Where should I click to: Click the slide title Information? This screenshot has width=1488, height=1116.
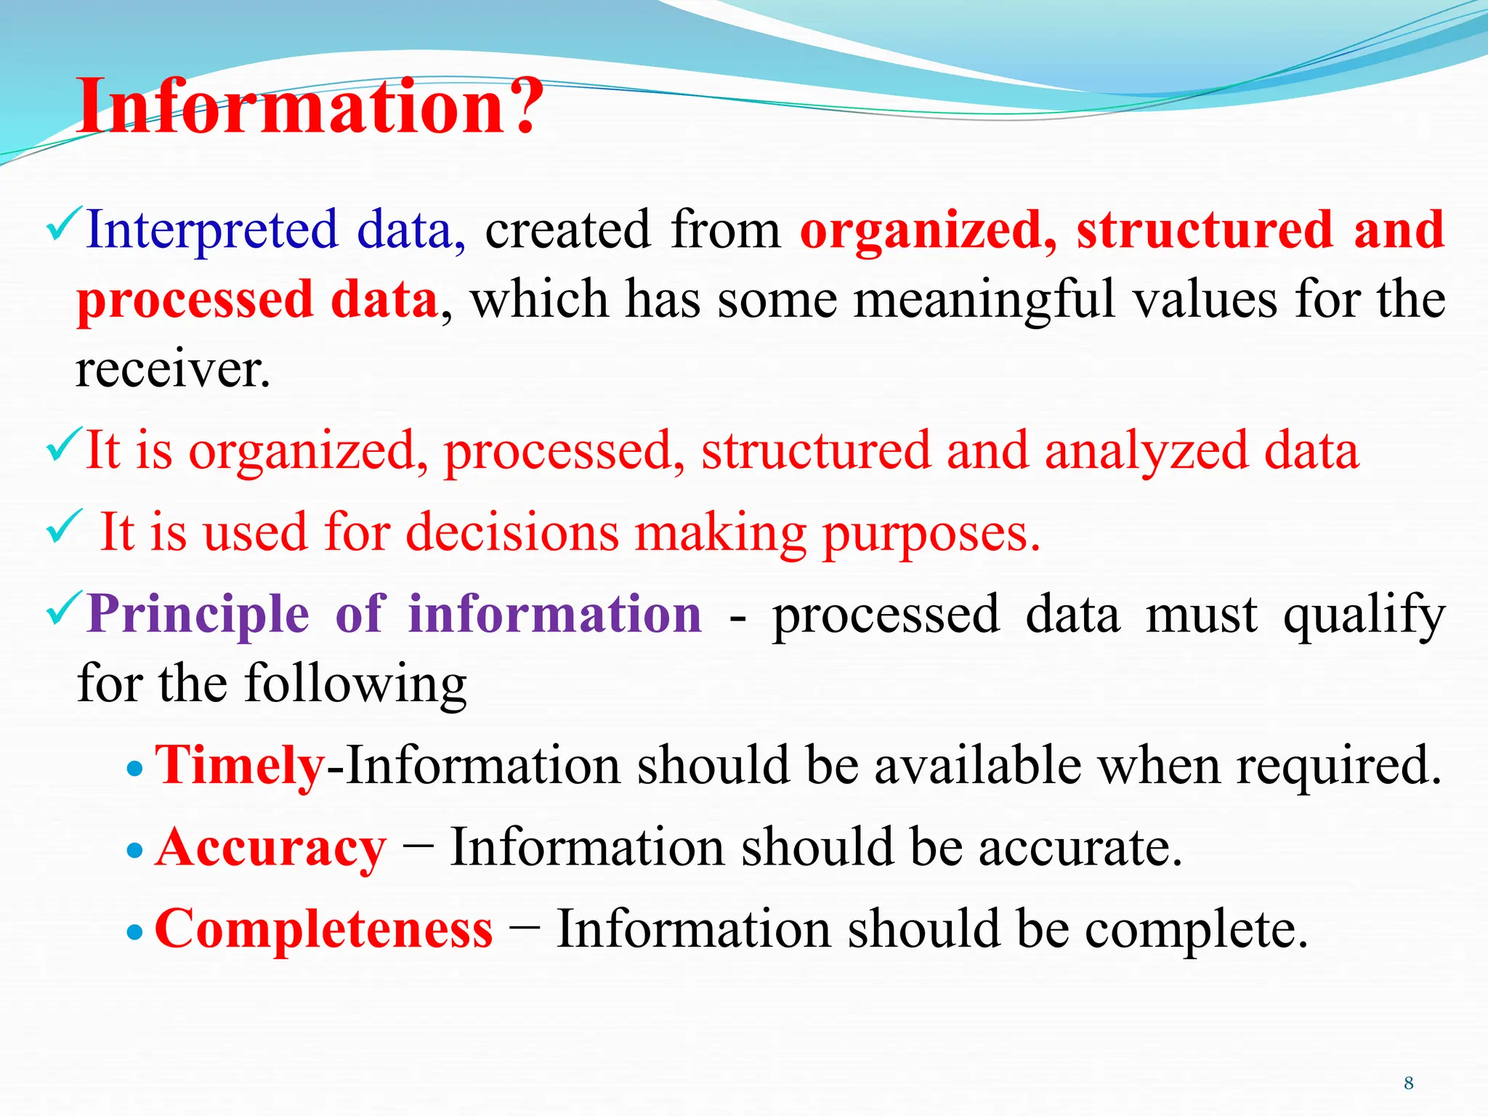[310, 108]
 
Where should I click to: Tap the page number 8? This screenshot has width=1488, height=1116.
[1408, 1083]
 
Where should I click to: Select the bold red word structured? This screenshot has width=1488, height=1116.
[1204, 230]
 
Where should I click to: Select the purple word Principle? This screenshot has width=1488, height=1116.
[198, 615]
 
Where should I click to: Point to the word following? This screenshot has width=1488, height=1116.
[355, 684]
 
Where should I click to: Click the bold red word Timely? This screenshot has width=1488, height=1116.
[240, 766]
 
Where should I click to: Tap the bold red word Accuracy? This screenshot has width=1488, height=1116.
[270, 848]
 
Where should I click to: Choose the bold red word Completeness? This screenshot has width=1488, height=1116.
[323, 929]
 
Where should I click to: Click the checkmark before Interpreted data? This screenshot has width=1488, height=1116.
[63, 225]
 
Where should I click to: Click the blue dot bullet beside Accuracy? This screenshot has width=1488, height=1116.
[135, 850]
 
